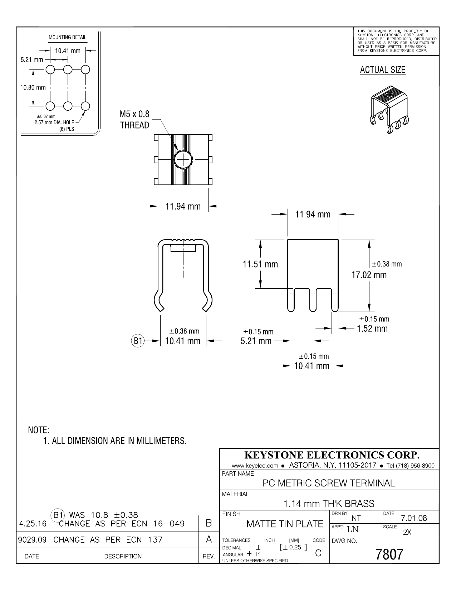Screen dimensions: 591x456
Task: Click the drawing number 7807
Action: pos(389,554)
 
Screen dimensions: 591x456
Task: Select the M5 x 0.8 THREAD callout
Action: pos(134,120)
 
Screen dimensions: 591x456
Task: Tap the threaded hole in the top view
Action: pos(183,159)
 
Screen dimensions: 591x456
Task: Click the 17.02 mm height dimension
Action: pos(369,275)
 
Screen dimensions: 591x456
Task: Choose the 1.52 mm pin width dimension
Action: pos(372,328)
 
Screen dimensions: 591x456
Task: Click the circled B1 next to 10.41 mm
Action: pos(138,341)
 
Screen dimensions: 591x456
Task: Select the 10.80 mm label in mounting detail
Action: pos(33,87)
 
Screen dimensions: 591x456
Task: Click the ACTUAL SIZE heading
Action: pos(382,70)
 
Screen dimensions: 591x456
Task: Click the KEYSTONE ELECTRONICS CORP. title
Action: pos(332,455)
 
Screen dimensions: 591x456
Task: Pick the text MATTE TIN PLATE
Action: pos(285,524)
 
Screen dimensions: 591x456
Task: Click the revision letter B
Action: pos(209,523)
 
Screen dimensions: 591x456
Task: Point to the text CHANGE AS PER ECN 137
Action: pos(108,539)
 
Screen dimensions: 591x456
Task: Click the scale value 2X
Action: pos(407,532)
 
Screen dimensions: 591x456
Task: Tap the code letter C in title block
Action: pos(318,553)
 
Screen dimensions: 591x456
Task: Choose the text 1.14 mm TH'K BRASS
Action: pos(329,504)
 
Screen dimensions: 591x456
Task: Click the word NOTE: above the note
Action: pos(39,430)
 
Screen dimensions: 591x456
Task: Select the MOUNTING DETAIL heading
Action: pos(68,38)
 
